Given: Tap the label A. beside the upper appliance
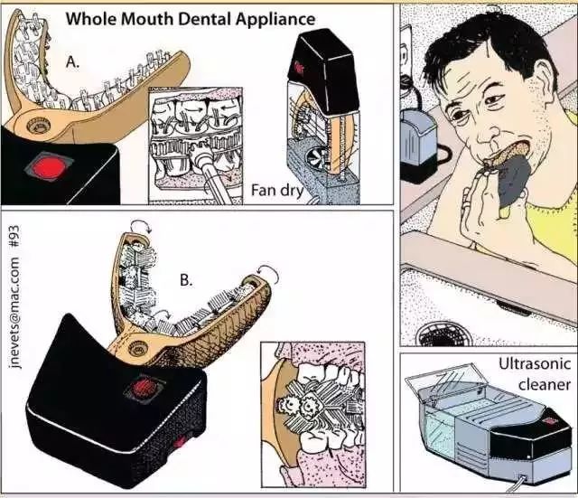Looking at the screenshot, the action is click(72, 62).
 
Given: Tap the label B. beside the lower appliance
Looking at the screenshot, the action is click(186, 280).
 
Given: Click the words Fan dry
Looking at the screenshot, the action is click(277, 191).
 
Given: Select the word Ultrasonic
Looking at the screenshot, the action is click(535, 363).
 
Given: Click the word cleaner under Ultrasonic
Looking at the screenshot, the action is click(544, 384).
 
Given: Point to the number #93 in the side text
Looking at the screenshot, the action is click(14, 238).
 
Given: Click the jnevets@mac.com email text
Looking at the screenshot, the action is click(14, 313).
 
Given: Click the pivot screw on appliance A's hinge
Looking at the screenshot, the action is click(37, 126).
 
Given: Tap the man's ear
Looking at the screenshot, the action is click(545, 83).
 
